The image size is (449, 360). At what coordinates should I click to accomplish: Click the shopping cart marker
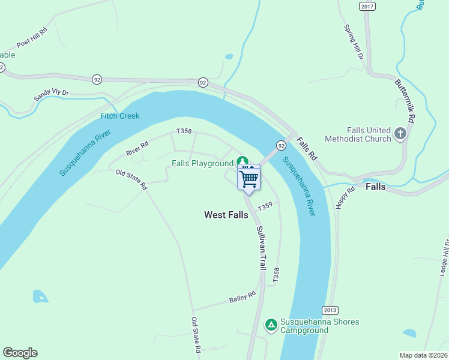coord(249,178)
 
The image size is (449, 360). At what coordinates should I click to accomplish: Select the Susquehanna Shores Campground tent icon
coord(271,325)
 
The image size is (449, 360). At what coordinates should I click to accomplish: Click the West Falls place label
coord(226,215)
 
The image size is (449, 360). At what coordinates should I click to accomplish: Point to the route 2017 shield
coord(367,6)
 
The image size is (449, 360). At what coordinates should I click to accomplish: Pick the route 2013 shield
coord(330,310)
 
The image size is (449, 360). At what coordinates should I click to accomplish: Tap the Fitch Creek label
coord(120,116)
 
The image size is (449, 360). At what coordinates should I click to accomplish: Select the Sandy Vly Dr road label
coord(52,94)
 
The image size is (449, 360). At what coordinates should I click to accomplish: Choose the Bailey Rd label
coord(243,296)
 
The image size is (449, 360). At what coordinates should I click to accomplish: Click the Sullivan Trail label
coord(261,247)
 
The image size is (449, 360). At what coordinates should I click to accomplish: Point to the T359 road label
coord(265,206)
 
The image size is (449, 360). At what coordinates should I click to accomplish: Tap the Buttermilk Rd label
coord(405,100)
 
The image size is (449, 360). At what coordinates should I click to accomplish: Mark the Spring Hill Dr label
coord(354,42)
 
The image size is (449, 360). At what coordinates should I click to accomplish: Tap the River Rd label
coord(137,149)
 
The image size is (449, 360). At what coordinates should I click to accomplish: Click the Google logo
coord(20,353)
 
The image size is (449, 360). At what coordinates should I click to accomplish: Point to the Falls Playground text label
coord(202,163)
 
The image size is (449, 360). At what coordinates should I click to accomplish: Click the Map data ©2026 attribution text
coord(424,355)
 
